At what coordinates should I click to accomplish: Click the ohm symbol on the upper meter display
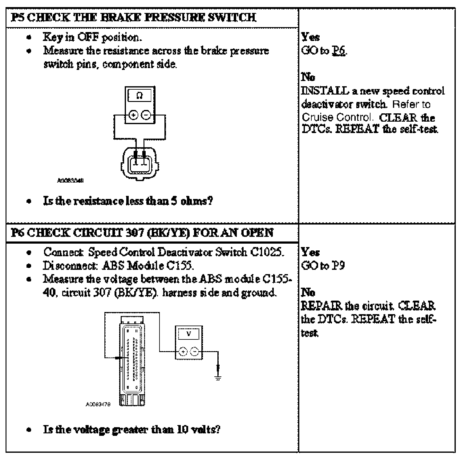coord(139,96)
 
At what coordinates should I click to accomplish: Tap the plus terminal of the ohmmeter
coord(133,115)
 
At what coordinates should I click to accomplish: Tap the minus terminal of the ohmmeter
coord(146,115)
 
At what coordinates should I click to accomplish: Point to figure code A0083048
coord(71,180)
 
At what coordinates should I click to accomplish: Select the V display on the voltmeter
coord(189,334)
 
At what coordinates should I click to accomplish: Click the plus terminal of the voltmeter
coord(183,351)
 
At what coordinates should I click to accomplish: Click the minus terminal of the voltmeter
coord(195,351)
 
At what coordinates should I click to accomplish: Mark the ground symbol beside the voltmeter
coord(218,378)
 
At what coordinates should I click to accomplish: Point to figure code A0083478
coord(98,404)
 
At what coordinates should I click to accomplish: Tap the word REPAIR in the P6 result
coord(321,306)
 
